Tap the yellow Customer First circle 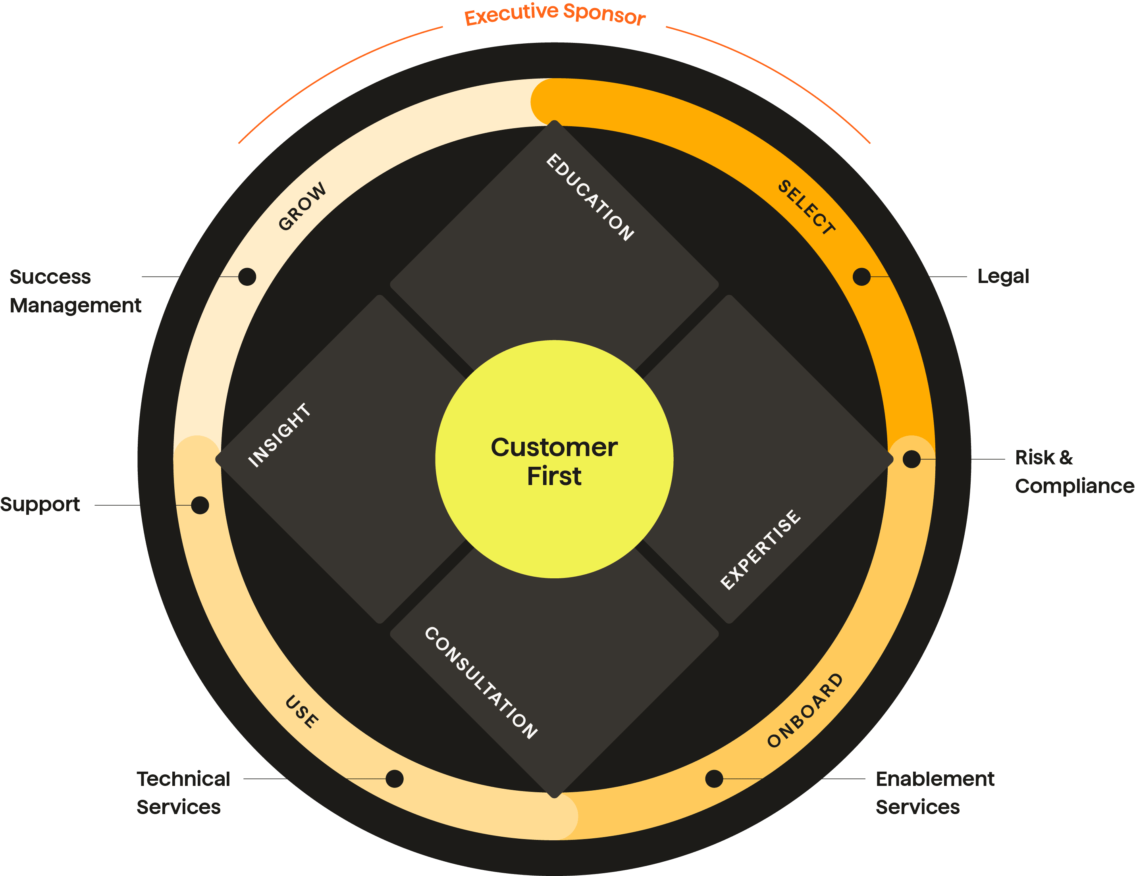(555, 459)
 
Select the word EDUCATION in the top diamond (590, 197)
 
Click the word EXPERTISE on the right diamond (761, 550)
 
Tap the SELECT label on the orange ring (807, 207)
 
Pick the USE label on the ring (302, 712)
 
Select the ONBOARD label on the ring (805, 711)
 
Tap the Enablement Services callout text (935, 793)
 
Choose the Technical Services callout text (183, 793)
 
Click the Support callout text (40, 504)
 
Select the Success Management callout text (75, 291)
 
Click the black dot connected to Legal (861, 277)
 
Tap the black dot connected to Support (200, 505)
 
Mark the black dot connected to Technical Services (395, 779)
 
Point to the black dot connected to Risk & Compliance (911, 459)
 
